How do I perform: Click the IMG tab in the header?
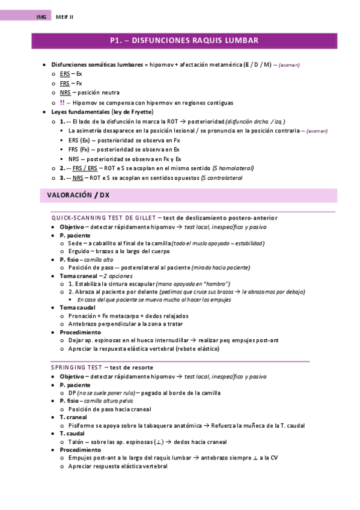(41, 17)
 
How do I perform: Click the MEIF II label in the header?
(64, 17)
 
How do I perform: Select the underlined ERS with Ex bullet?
(65, 73)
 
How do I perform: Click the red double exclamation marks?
(63, 102)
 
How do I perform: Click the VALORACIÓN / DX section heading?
(79, 195)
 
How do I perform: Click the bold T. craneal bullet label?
(73, 417)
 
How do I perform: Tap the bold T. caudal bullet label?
(72, 433)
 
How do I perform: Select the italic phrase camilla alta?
(99, 259)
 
